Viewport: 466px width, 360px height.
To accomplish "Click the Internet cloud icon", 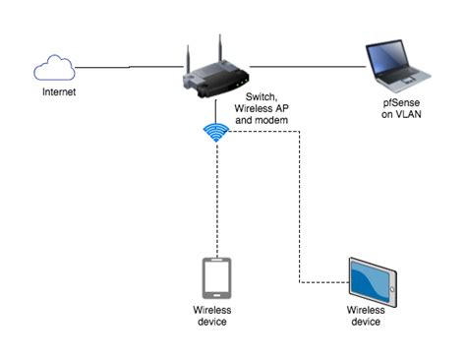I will pyautogui.click(x=55, y=68).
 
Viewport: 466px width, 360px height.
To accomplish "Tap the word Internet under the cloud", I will pyautogui.click(x=57, y=92).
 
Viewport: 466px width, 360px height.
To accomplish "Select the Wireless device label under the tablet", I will pyautogui.click(x=372, y=316).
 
